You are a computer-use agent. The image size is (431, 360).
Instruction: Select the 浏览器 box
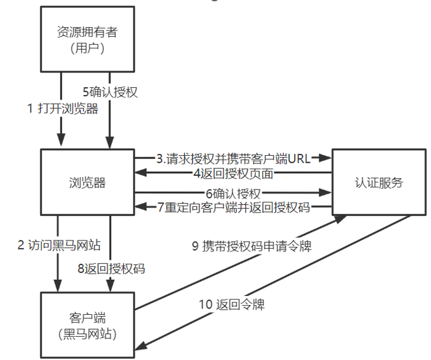point(87,182)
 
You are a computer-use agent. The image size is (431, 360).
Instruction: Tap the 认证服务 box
point(379,182)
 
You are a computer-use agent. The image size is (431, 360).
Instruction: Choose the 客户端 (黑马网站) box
point(87,325)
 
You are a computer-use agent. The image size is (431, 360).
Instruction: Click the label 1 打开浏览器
point(63,109)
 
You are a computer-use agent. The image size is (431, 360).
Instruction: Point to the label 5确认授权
point(110,92)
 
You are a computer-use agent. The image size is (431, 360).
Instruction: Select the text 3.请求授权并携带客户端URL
point(233,158)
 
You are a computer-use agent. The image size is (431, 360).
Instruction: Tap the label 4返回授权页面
point(233,173)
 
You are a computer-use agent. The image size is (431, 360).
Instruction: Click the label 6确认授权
point(233,193)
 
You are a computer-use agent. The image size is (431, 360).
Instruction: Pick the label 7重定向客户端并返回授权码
point(233,207)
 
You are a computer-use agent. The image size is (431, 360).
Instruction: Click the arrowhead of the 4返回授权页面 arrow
point(139,173)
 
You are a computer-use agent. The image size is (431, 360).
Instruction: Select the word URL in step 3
point(299,158)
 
